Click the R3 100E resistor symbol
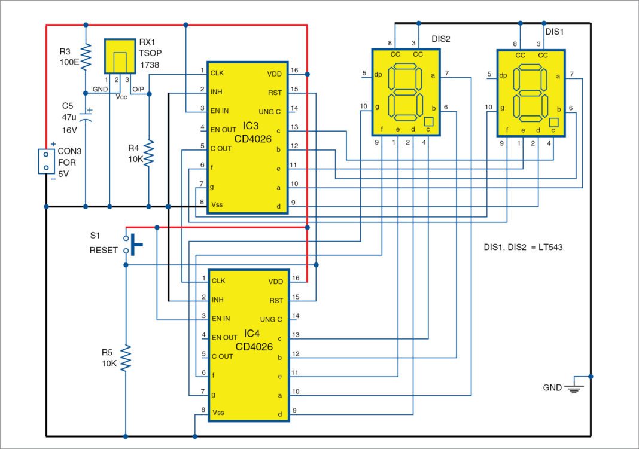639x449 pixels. (86, 57)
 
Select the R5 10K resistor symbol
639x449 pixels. (126, 358)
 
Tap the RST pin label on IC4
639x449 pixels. (276, 300)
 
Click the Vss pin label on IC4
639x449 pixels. (218, 413)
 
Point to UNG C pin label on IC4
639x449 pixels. (270, 319)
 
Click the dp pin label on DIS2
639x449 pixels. (378, 75)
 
